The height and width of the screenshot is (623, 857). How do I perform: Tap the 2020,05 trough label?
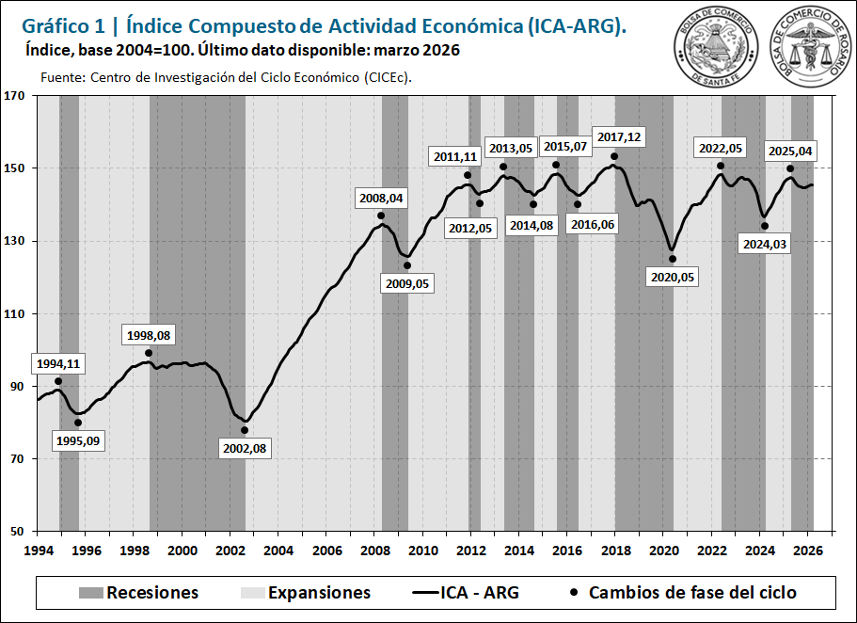[x=672, y=277]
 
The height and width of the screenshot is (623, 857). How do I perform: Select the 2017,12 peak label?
[x=616, y=137]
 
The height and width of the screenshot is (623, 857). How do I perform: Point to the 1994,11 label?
[x=59, y=363]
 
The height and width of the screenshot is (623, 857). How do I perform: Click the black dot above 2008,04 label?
[x=381, y=216]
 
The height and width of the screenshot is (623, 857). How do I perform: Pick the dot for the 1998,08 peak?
[x=149, y=353]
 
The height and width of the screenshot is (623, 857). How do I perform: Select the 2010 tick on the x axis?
[x=423, y=550]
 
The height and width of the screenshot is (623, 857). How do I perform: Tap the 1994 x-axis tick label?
[x=39, y=550]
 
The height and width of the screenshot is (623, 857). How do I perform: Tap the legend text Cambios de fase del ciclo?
[x=692, y=593]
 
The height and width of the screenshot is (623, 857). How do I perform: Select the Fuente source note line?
[x=227, y=77]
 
